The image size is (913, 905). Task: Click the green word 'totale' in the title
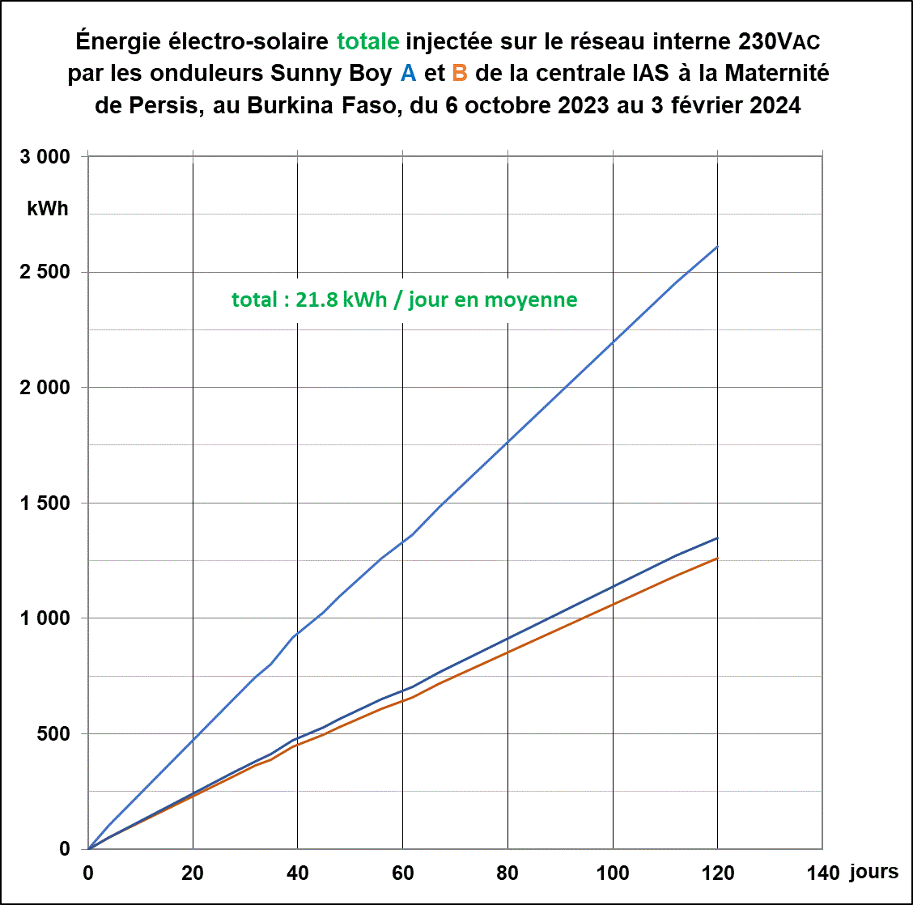[368, 40]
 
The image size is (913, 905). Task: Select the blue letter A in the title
[409, 73]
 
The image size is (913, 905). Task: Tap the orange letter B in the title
[460, 73]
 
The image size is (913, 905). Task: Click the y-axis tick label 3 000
[45, 157]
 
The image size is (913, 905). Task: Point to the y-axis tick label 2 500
[45, 272]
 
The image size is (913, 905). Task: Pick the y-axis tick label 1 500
[45, 503]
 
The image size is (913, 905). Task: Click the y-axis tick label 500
[53, 733]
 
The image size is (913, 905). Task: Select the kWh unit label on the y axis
[48, 209]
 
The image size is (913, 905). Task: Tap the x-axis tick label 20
[193, 873]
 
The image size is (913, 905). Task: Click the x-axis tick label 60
[403, 873]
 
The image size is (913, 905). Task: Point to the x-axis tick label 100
[613, 873]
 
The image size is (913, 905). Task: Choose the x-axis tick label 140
[823, 873]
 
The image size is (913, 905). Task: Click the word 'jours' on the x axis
[874, 872]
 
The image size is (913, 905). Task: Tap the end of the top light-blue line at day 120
[717, 247]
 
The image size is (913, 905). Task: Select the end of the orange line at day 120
[717, 558]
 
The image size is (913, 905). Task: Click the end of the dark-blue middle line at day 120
[717, 537]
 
